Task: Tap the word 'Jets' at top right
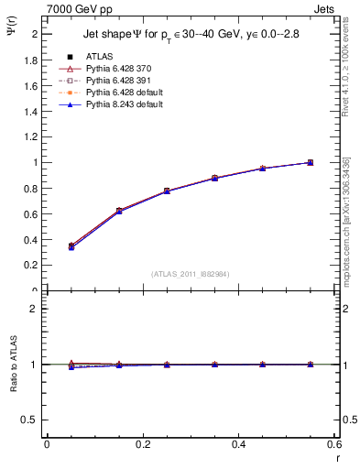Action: coord(323,8)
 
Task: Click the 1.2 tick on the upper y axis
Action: coord(32,136)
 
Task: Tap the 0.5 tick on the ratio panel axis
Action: coord(32,420)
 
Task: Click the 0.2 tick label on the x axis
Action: coord(143,444)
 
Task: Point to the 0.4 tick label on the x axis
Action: coord(239,444)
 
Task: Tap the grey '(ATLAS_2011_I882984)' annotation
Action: coord(191,274)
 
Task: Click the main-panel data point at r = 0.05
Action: coord(71,245)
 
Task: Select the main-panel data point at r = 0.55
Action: coord(310,162)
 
